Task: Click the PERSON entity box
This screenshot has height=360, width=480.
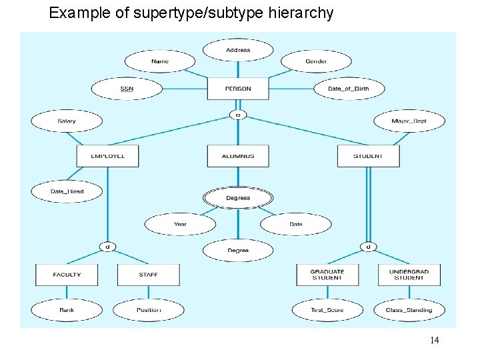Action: click(x=238, y=89)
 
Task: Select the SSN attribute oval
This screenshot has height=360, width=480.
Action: click(x=127, y=89)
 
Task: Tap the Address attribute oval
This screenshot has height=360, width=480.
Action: click(x=238, y=50)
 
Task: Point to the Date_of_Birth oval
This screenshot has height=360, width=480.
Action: click(x=349, y=89)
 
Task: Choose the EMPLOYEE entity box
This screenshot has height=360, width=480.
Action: click(x=107, y=156)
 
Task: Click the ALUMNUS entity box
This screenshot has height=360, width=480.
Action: click(x=238, y=156)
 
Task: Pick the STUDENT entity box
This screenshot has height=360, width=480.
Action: click(x=368, y=156)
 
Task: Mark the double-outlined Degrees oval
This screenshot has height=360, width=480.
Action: click(x=238, y=198)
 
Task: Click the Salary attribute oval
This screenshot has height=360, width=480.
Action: click(x=67, y=121)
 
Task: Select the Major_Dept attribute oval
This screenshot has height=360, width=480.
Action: click(x=409, y=121)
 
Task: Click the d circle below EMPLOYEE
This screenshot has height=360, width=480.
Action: click(x=107, y=247)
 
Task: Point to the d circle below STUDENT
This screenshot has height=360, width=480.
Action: click(x=368, y=247)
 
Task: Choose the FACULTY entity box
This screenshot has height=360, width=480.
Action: click(x=67, y=275)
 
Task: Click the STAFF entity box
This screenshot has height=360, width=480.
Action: click(x=148, y=275)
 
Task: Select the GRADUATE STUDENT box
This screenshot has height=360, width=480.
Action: click(x=327, y=275)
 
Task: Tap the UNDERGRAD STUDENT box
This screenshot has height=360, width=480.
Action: click(x=409, y=275)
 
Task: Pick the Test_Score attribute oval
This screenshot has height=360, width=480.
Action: click(x=327, y=310)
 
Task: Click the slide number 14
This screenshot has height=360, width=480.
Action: click(x=434, y=341)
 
